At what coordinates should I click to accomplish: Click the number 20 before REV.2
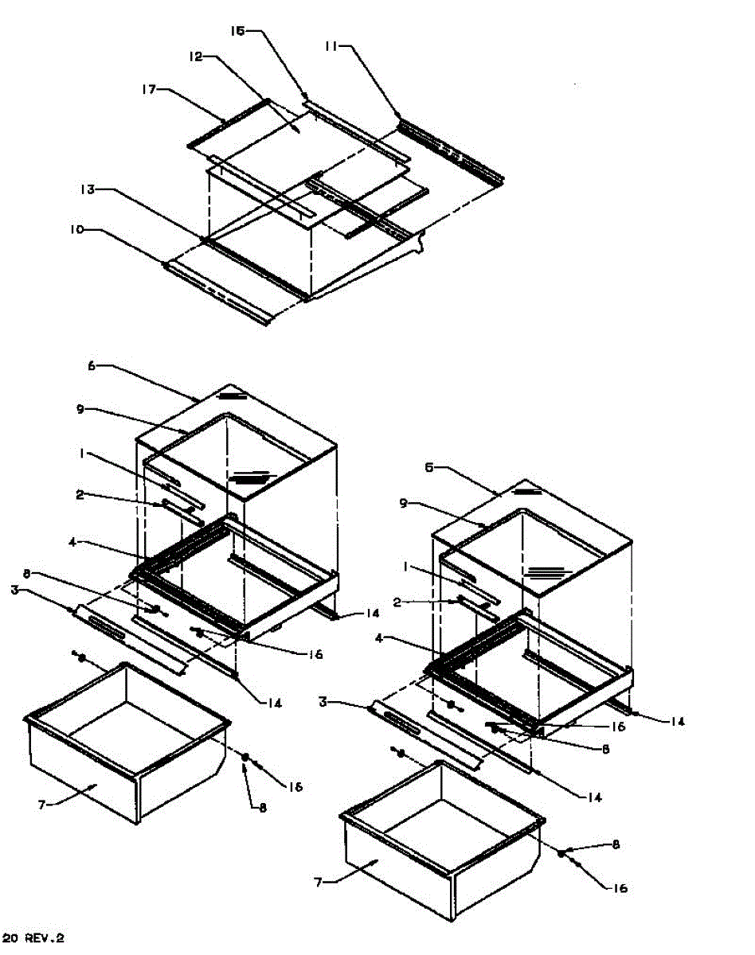(x=10, y=938)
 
